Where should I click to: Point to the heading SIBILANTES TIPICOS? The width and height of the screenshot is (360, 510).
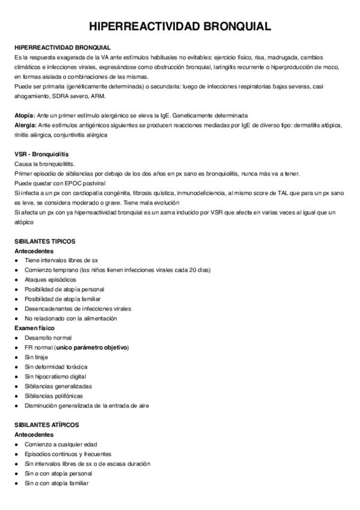pyautogui.click(x=44, y=241)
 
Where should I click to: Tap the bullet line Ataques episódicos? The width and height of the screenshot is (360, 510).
pyautogui.click(x=50, y=280)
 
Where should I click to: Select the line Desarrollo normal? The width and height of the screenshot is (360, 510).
pyautogui.click(x=47, y=338)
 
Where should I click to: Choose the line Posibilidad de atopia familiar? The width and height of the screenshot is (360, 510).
pyautogui.click(x=63, y=299)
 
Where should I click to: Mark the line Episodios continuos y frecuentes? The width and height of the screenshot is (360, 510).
pyautogui.click(x=67, y=454)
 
